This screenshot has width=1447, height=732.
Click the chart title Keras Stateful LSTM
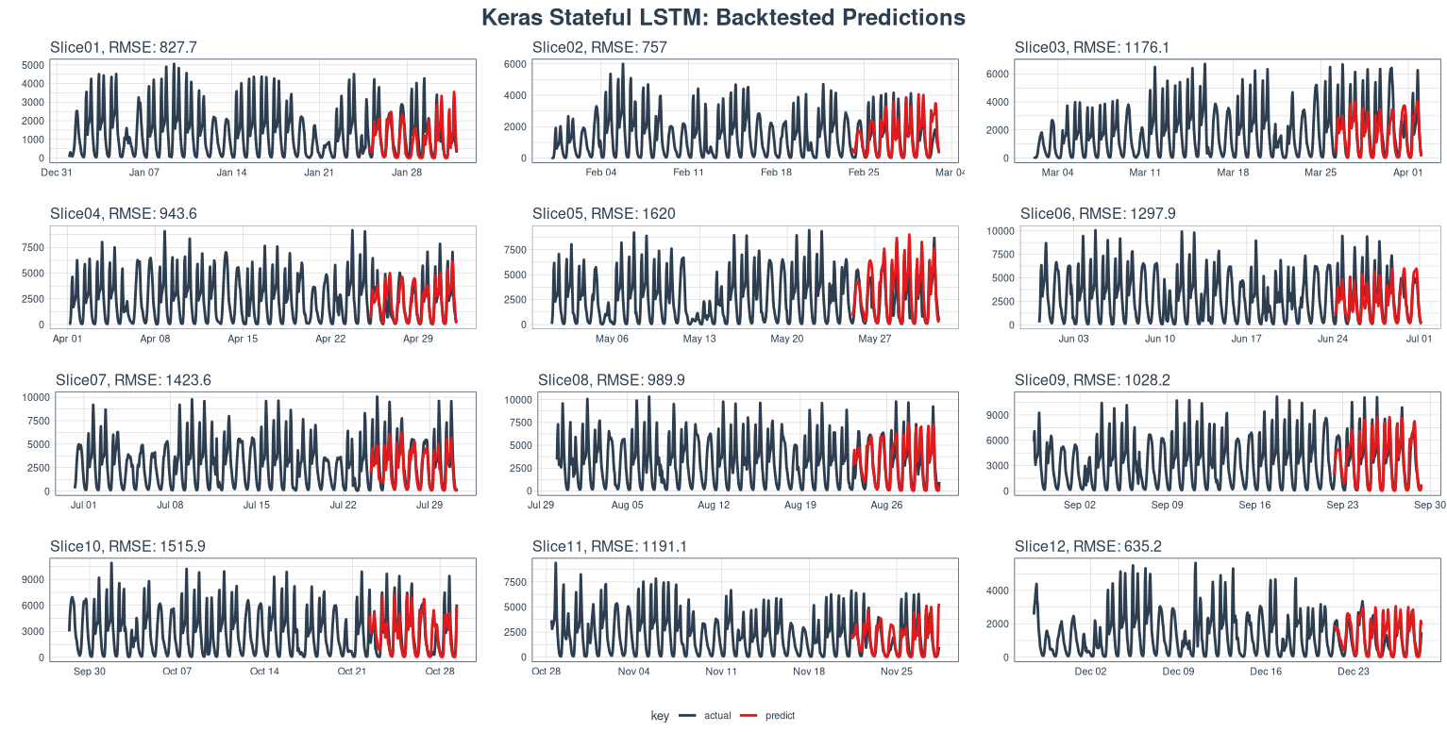pyautogui.click(x=723, y=17)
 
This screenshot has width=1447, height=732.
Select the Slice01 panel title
pyautogui.click(x=124, y=47)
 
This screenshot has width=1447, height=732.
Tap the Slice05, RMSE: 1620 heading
pyautogui.click(x=604, y=214)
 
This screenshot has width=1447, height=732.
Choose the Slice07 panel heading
pyautogui.click(x=133, y=380)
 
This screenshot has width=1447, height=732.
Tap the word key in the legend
pyautogui.click(x=660, y=716)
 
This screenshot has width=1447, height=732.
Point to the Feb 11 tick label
pyautogui.click(x=688, y=173)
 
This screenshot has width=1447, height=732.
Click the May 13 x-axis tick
pyautogui.click(x=699, y=339)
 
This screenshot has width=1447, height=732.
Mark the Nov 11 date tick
pyautogui.click(x=720, y=672)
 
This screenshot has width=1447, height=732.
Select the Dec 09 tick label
pyautogui.click(x=1178, y=672)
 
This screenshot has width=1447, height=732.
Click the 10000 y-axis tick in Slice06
pyautogui.click(x=1027, y=231)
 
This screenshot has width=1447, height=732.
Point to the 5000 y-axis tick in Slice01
pyautogui.click(x=32, y=65)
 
